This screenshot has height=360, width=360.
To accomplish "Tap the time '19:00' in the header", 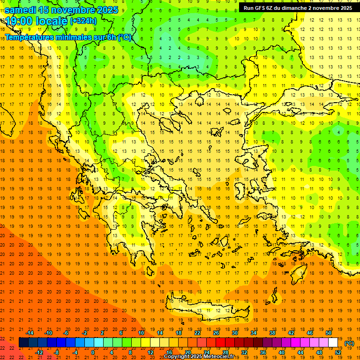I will pyautogui.click(x=20, y=21).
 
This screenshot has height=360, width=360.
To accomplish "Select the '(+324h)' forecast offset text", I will pyautogui.click(x=83, y=21).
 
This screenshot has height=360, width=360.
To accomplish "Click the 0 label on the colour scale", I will pyautogui.click(x=93, y=352).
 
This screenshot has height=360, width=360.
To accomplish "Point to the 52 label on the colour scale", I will pyautogui.click(x=338, y=352).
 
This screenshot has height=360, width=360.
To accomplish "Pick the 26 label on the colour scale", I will pyautogui.click(x=216, y=333).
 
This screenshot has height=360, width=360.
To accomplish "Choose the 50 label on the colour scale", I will pyautogui.click(x=329, y=333).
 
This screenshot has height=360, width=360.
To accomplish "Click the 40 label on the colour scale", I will pyautogui.click(x=282, y=352).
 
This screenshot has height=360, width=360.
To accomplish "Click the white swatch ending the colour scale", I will pyautogui.click(x=333, y=343).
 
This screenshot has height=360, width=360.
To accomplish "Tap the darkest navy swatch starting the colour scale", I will pyautogui.click(x=24, y=343).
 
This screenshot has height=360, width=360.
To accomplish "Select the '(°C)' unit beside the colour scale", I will pyautogui.click(x=349, y=343).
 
